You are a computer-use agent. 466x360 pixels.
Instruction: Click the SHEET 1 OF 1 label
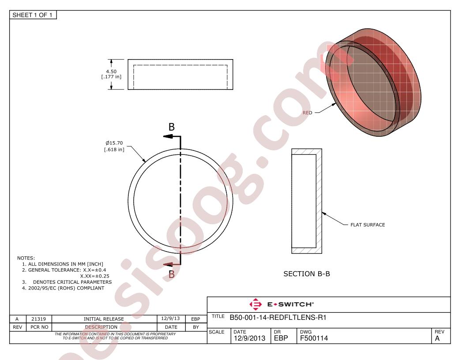pyautogui.click(x=32, y=15)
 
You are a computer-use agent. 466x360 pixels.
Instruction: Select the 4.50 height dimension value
pyautogui.click(x=112, y=71)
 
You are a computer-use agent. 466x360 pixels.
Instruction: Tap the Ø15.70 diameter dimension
pyautogui.click(x=114, y=143)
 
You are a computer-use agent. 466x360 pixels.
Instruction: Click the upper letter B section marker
pyautogui.click(x=172, y=127)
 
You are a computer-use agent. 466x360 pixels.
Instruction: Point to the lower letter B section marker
pyautogui.click(x=172, y=274)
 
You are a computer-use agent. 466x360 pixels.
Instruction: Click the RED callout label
pyautogui.click(x=307, y=113)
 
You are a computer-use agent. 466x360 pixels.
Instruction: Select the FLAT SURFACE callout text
pyautogui.click(x=368, y=225)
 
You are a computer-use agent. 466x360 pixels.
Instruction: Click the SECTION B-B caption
pyautogui.click(x=307, y=274)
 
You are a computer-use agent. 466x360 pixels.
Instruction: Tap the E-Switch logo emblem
pyautogui.click(x=256, y=304)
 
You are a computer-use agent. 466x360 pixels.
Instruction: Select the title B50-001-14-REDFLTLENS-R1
pyautogui.click(x=278, y=318)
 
